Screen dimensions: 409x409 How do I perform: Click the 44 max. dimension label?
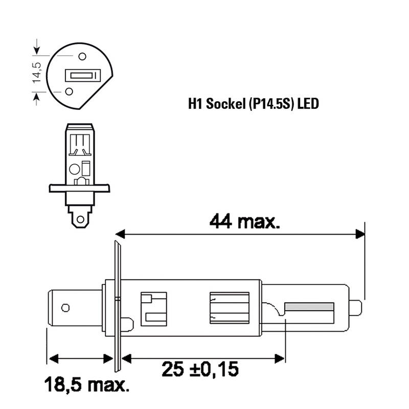[x=245, y=221]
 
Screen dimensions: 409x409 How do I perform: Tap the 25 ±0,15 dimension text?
[x=200, y=369]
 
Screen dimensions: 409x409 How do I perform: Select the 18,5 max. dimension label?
[x=87, y=384]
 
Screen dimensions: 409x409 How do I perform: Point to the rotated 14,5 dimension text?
[x=37, y=73]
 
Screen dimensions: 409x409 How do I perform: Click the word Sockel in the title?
[x=225, y=104]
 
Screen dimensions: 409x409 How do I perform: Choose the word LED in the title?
[x=308, y=104]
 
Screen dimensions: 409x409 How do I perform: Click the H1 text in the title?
[x=195, y=104]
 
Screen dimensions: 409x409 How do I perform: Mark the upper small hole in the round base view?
[x=82, y=56]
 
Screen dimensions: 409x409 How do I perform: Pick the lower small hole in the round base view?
[x=69, y=92]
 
